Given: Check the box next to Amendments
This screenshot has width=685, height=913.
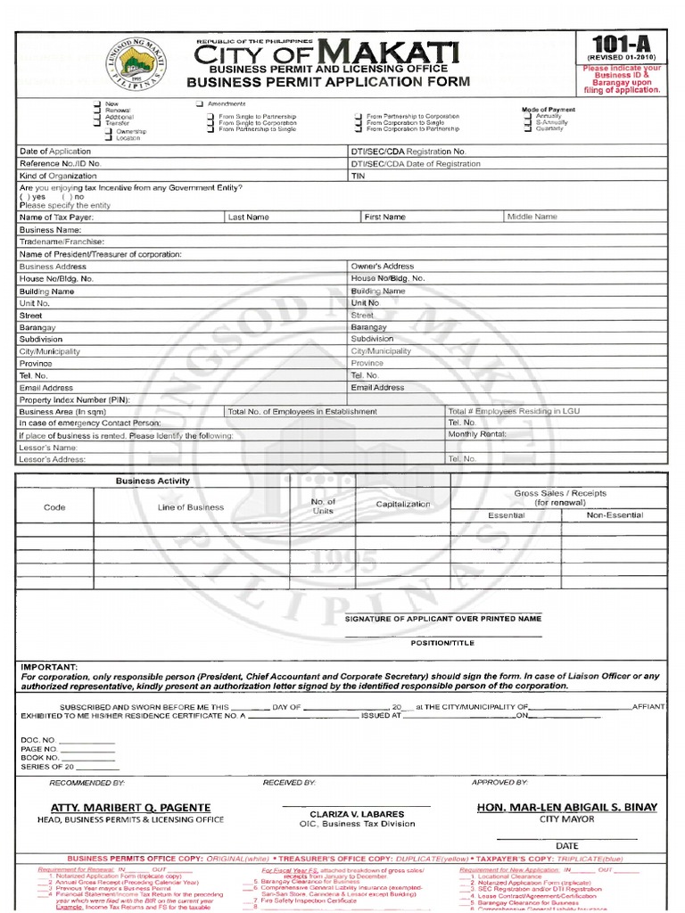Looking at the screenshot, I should tap(201, 105).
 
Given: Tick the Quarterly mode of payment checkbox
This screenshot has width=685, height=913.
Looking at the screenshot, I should tap(530, 128).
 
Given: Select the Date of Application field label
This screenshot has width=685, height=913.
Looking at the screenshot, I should tap(55, 152).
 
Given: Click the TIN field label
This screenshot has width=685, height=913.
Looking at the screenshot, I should tap(359, 177).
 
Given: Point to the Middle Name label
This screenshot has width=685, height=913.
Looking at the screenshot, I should tap(532, 217).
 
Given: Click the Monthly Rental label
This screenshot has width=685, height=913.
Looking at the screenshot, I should tap(477, 434).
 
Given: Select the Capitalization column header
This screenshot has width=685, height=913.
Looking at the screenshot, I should tap(402, 504).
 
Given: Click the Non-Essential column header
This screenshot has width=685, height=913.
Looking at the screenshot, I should tap(615, 515).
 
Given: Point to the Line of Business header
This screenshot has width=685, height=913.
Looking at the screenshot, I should tap(190, 507).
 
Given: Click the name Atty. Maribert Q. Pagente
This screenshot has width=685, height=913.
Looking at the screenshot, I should tap(130, 808).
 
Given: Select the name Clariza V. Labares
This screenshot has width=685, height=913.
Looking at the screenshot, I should tap(356, 814).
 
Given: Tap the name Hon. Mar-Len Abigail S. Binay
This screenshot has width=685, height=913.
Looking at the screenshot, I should tap(567, 807).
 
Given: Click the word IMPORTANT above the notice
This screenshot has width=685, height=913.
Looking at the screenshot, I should tap(49, 666).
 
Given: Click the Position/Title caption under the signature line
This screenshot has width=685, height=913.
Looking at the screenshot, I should tap(442, 642).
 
